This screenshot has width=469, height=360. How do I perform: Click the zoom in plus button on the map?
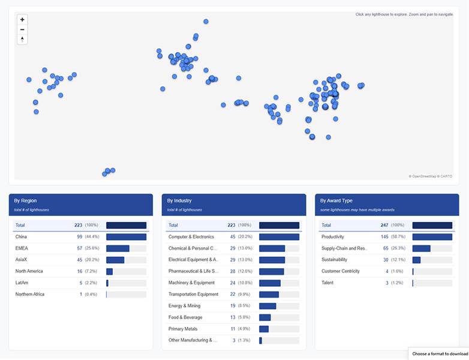coord(22,19)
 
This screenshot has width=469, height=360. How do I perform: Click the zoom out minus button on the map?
coord(22,29)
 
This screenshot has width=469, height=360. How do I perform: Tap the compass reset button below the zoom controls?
coord(22,39)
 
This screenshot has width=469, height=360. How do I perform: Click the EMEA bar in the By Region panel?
coord(118,248)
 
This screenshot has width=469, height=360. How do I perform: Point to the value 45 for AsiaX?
coord(79,260)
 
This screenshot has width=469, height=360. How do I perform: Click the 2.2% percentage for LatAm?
coord(91,283)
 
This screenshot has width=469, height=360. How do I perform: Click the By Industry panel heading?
coord(179,200)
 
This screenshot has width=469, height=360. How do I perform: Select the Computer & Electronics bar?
coord(279,237)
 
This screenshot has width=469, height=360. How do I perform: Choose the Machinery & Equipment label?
coord(191,283)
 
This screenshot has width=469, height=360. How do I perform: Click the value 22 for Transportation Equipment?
coord(232,294)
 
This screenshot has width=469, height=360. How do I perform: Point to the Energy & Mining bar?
coord(267,306)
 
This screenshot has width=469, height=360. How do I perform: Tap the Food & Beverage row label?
coord(185,317)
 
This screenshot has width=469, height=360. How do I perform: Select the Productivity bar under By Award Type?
coord(432,237)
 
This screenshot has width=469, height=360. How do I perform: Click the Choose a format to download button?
coord(440,354)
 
